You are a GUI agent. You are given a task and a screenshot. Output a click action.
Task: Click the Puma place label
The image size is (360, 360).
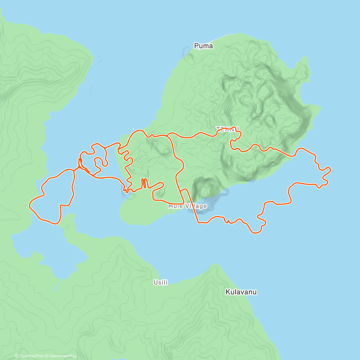click(203, 46)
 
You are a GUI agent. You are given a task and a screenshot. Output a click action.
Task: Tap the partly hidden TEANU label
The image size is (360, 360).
click(227, 128)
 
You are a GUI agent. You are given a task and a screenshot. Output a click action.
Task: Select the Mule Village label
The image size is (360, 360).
click(187, 206)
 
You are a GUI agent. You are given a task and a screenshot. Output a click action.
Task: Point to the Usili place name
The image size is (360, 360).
click(160, 282)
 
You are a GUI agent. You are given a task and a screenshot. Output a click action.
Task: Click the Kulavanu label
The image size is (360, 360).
click(241, 292)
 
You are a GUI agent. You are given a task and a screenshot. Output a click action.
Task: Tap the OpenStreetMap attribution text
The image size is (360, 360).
click(63, 356)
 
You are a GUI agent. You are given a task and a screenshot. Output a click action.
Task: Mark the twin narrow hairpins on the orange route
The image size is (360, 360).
click(144, 183)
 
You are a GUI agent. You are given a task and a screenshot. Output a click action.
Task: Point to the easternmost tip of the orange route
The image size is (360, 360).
click(330, 169)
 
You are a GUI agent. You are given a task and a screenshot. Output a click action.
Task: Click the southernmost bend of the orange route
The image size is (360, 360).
click(255, 233)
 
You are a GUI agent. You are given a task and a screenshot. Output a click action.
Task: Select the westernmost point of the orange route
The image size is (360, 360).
click(29, 205)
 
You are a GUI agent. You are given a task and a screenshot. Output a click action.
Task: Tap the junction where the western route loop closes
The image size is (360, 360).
click(74, 170)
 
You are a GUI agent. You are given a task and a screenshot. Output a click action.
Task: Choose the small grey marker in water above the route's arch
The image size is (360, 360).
click(133, 129)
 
